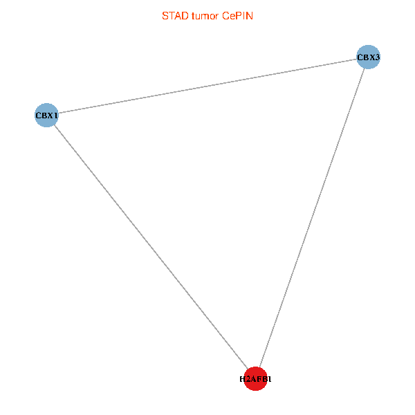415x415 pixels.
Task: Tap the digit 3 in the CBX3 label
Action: click(377, 57)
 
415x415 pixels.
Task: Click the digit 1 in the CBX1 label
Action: click(55, 115)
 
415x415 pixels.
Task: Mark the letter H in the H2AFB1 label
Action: click(243, 379)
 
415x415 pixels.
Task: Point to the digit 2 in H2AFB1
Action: click(248, 379)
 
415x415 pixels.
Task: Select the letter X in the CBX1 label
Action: click(49, 115)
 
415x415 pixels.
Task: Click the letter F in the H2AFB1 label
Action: click(258, 379)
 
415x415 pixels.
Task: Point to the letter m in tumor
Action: click(205, 15)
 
